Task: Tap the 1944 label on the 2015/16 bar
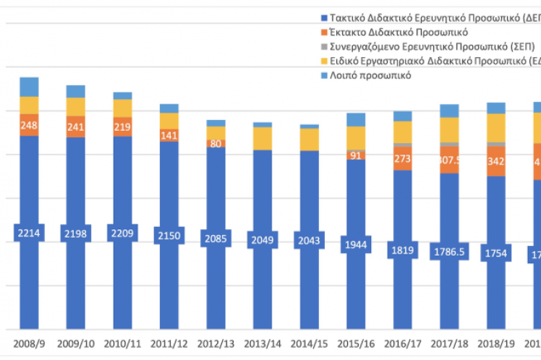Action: [x=356, y=244]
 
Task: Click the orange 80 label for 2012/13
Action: [x=216, y=143]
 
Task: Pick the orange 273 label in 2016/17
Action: [x=402, y=158]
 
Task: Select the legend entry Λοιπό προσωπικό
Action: [x=370, y=75]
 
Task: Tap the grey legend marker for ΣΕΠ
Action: [x=323, y=47]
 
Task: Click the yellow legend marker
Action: [x=323, y=61]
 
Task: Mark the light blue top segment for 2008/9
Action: [x=29, y=87]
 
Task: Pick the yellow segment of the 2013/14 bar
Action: [x=263, y=138]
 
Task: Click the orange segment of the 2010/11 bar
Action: [x=122, y=127]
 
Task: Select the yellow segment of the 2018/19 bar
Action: [x=495, y=128]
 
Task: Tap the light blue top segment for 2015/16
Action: [x=356, y=119]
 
